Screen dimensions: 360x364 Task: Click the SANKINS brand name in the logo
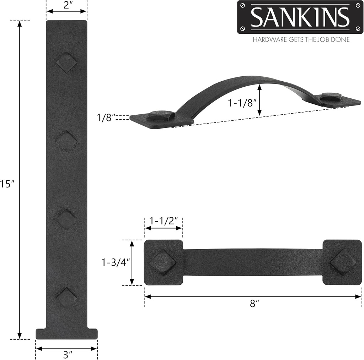click(300, 17)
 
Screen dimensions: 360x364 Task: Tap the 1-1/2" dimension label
click(164, 220)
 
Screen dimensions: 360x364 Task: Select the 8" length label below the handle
click(253, 304)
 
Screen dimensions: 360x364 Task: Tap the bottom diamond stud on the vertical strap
click(67, 297)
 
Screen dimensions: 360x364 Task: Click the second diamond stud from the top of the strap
click(67, 141)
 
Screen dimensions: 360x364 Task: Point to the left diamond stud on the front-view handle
click(163, 262)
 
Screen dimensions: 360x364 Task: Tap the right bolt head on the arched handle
click(331, 96)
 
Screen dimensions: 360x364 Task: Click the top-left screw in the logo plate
click(243, 6)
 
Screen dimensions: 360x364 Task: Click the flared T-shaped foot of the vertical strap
click(66, 333)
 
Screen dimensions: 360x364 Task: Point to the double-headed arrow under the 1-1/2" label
click(163, 228)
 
